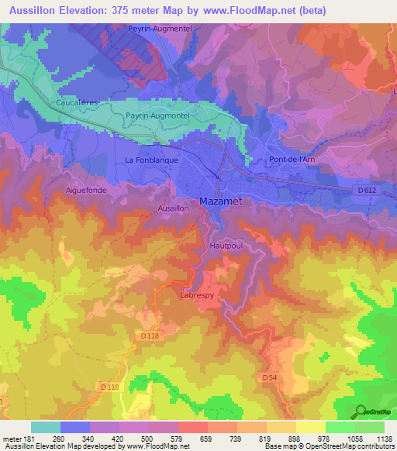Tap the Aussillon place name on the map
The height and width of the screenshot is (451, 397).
click(x=172, y=208)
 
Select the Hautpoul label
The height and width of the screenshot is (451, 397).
click(x=226, y=246)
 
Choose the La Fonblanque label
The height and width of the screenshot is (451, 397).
click(x=152, y=160)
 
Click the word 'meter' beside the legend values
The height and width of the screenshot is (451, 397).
click(x=11, y=439)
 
